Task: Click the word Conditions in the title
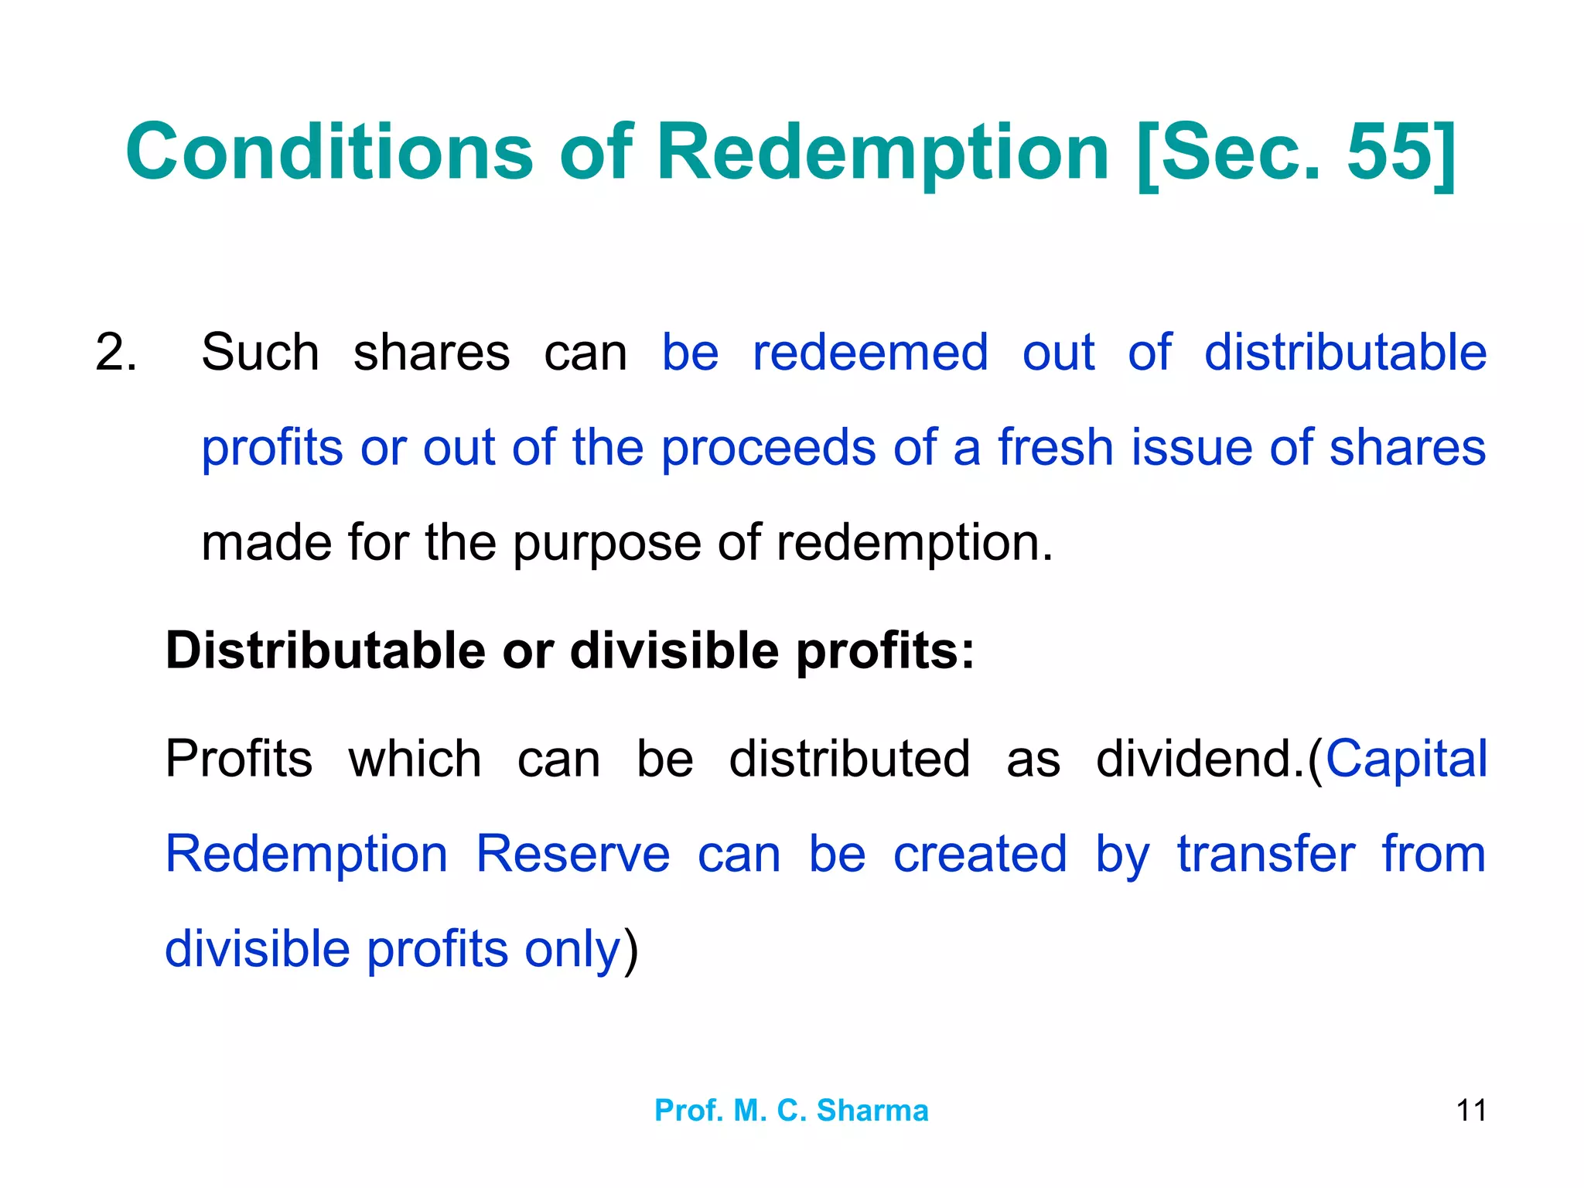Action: click(x=329, y=152)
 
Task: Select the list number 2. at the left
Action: click(x=116, y=353)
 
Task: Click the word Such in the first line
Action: click(x=260, y=353)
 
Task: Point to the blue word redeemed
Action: click(x=870, y=353)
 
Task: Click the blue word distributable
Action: click(x=1345, y=353)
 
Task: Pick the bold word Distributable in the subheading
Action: click(x=325, y=650)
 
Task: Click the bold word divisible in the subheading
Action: click(x=674, y=650)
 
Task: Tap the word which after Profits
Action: click(x=415, y=759)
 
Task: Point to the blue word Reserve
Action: click(x=572, y=855)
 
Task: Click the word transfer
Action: click(x=1265, y=855)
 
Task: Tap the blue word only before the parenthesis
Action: click(x=572, y=950)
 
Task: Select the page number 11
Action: click(x=1470, y=1111)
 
